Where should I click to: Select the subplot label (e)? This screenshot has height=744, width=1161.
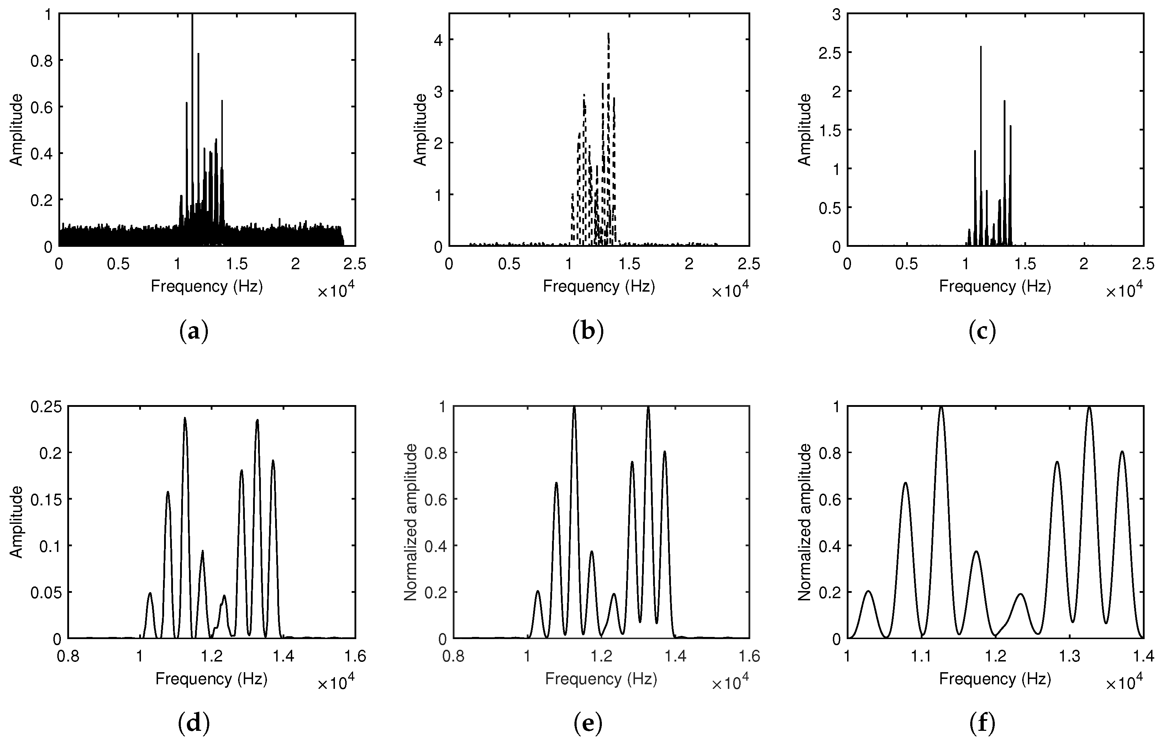[588, 724]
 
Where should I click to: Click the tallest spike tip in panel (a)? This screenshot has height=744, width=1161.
[192, 15]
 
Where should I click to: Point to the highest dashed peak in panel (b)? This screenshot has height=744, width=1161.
[608, 34]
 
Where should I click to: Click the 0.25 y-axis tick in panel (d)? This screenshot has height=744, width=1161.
[46, 407]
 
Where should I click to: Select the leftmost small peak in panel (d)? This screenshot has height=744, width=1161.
[150, 593]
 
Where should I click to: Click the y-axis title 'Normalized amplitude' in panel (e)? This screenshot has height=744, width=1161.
[411, 523]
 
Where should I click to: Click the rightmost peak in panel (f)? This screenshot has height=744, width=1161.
[1122, 452]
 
